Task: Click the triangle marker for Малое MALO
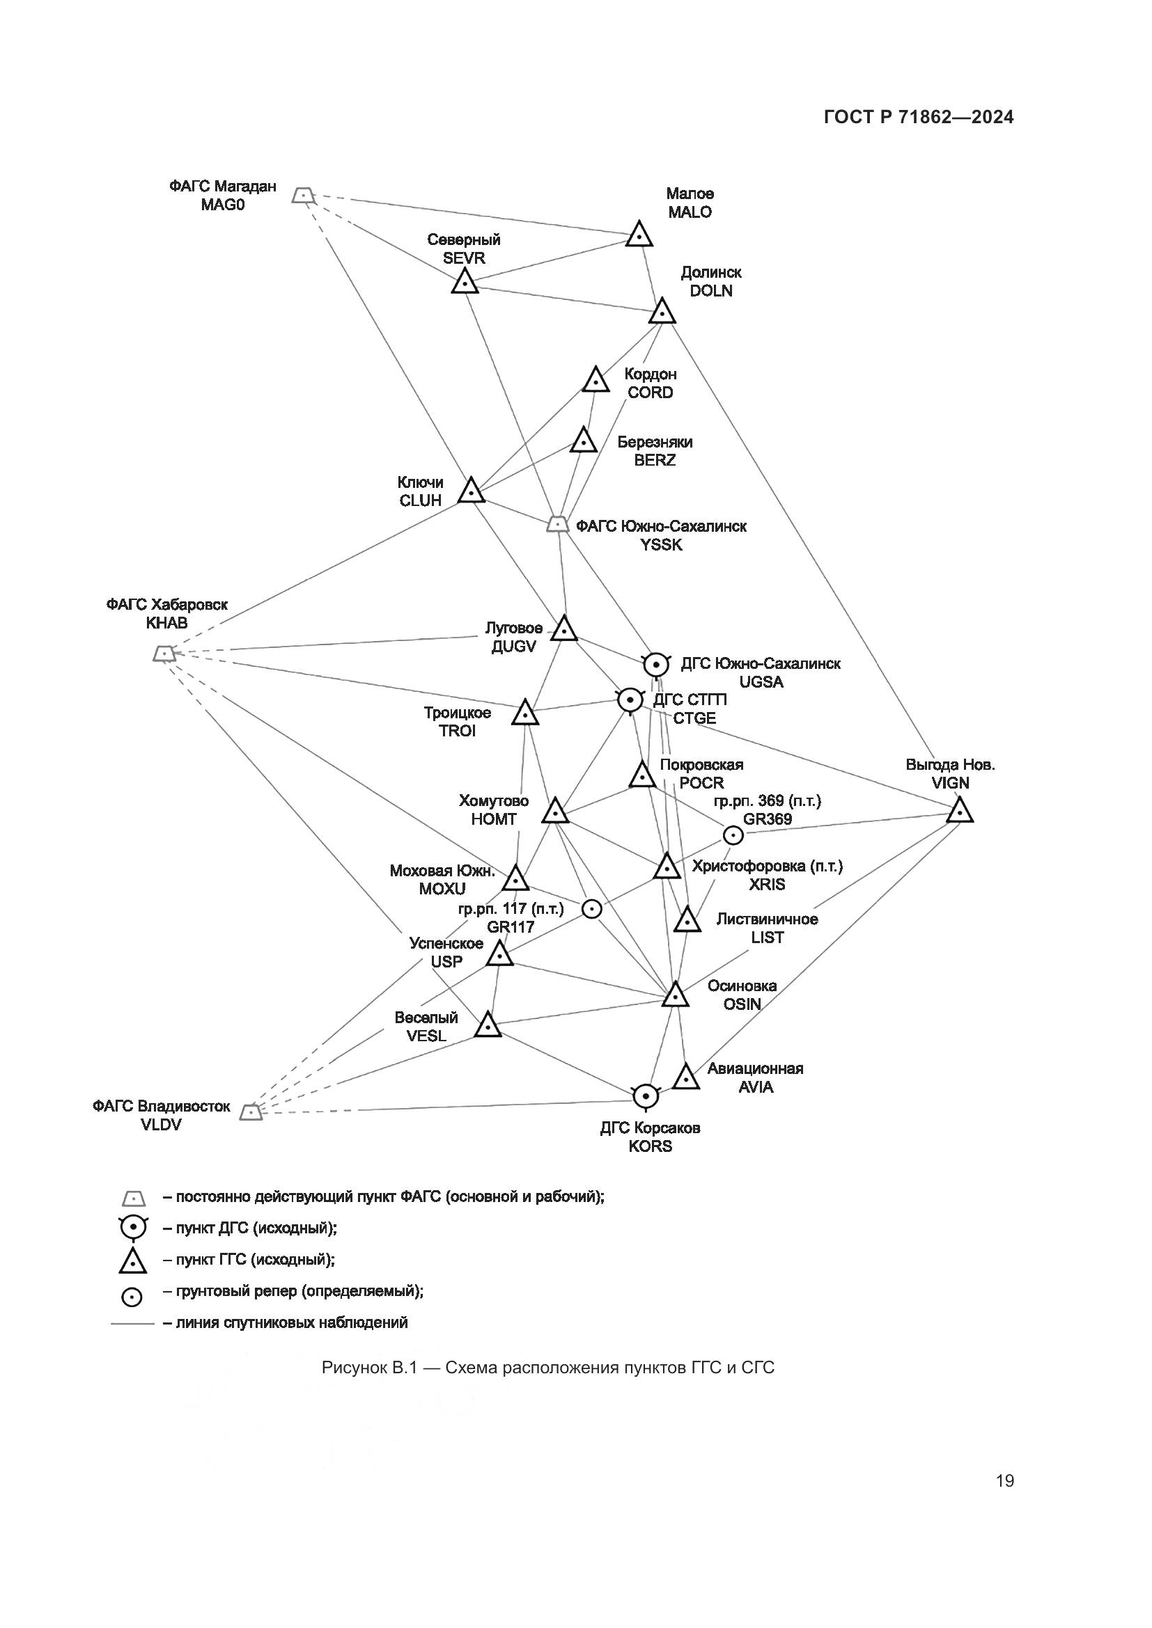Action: (x=639, y=235)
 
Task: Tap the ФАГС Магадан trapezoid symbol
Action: (x=303, y=195)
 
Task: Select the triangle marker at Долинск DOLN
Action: (x=662, y=312)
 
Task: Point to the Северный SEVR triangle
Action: (x=464, y=283)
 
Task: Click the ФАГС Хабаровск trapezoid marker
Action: (x=164, y=653)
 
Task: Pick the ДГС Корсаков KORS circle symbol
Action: (x=645, y=1096)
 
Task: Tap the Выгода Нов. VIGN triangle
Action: (x=959, y=811)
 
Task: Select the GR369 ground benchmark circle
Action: (x=733, y=835)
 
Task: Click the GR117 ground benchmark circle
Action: (x=591, y=909)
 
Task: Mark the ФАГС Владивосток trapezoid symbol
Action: (x=251, y=1112)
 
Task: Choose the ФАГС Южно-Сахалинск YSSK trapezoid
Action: (x=558, y=524)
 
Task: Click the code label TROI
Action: (x=457, y=731)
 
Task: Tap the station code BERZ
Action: (x=655, y=460)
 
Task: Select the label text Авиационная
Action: (x=755, y=1068)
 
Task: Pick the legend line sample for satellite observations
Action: (x=132, y=1323)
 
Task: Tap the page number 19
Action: (x=1004, y=1480)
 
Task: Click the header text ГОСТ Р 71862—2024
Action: (x=919, y=118)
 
